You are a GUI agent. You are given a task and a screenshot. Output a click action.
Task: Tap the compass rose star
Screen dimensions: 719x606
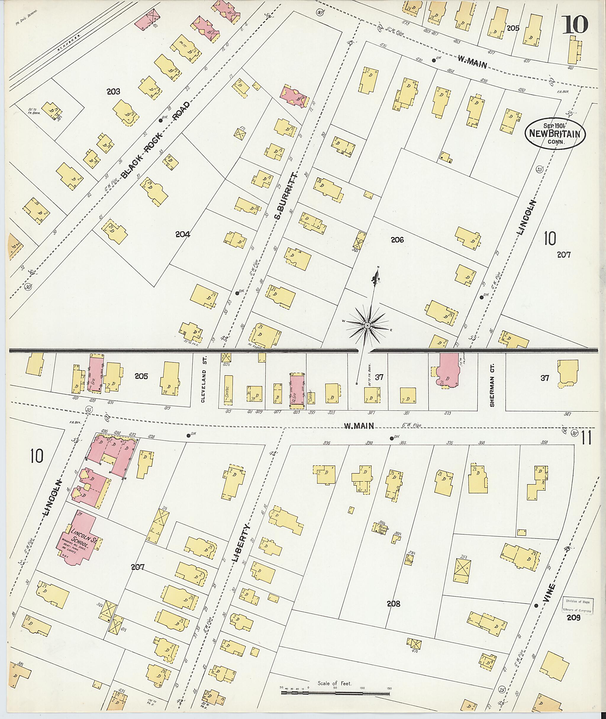(x=367, y=325)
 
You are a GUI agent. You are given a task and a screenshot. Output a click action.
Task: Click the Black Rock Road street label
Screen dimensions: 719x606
(x=155, y=140)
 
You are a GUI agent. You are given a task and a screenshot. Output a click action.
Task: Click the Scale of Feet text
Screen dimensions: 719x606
(x=335, y=683)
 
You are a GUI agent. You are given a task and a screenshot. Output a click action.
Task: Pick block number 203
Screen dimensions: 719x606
(x=113, y=91)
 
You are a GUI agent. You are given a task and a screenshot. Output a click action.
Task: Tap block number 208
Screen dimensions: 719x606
(x=393, y=604)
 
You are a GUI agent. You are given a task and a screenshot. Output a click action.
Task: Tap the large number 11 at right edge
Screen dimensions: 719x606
(x=586, y=438)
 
